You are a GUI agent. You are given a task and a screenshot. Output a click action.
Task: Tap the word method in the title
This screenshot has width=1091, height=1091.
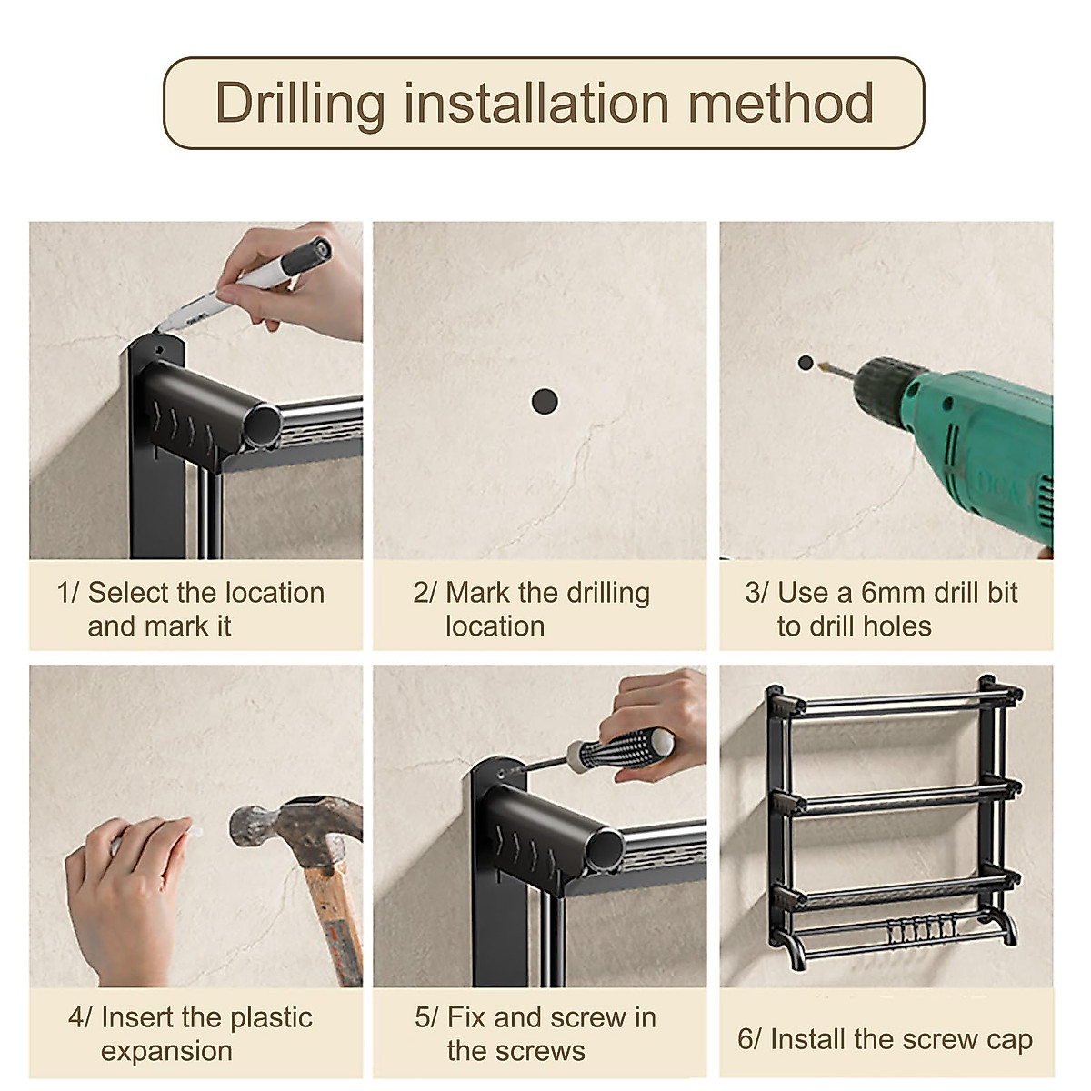click(x=780, y=103)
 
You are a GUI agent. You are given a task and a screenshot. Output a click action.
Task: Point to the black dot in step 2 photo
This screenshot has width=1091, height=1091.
click(x=545, y=402)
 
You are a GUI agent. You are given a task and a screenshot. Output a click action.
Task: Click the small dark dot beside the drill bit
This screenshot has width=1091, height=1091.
click(x=806, y=363)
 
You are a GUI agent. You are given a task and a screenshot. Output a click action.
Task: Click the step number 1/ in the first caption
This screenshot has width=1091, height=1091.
click(x=68, y=594)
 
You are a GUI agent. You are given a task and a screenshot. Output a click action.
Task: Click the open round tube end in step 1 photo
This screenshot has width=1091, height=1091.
click(x=265, y=425)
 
